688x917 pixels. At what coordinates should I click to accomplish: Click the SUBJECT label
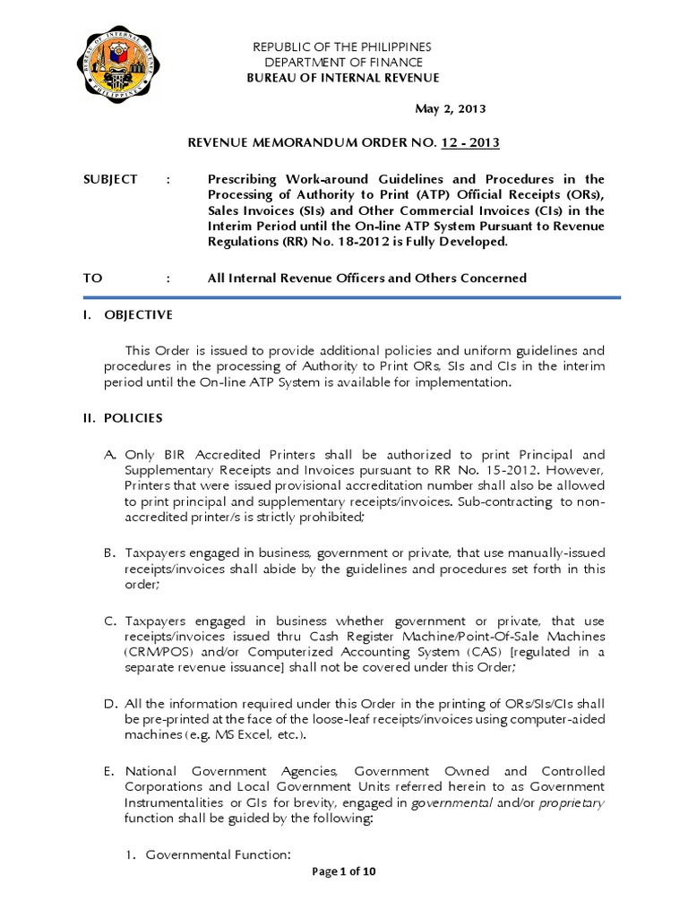point(111,179)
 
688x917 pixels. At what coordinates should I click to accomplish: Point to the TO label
point(93,279)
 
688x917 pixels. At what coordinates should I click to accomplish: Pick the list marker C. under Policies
point(112,621)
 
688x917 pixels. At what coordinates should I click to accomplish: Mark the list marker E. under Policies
point(112,771)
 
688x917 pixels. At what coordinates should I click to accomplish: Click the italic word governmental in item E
point(453,803)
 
